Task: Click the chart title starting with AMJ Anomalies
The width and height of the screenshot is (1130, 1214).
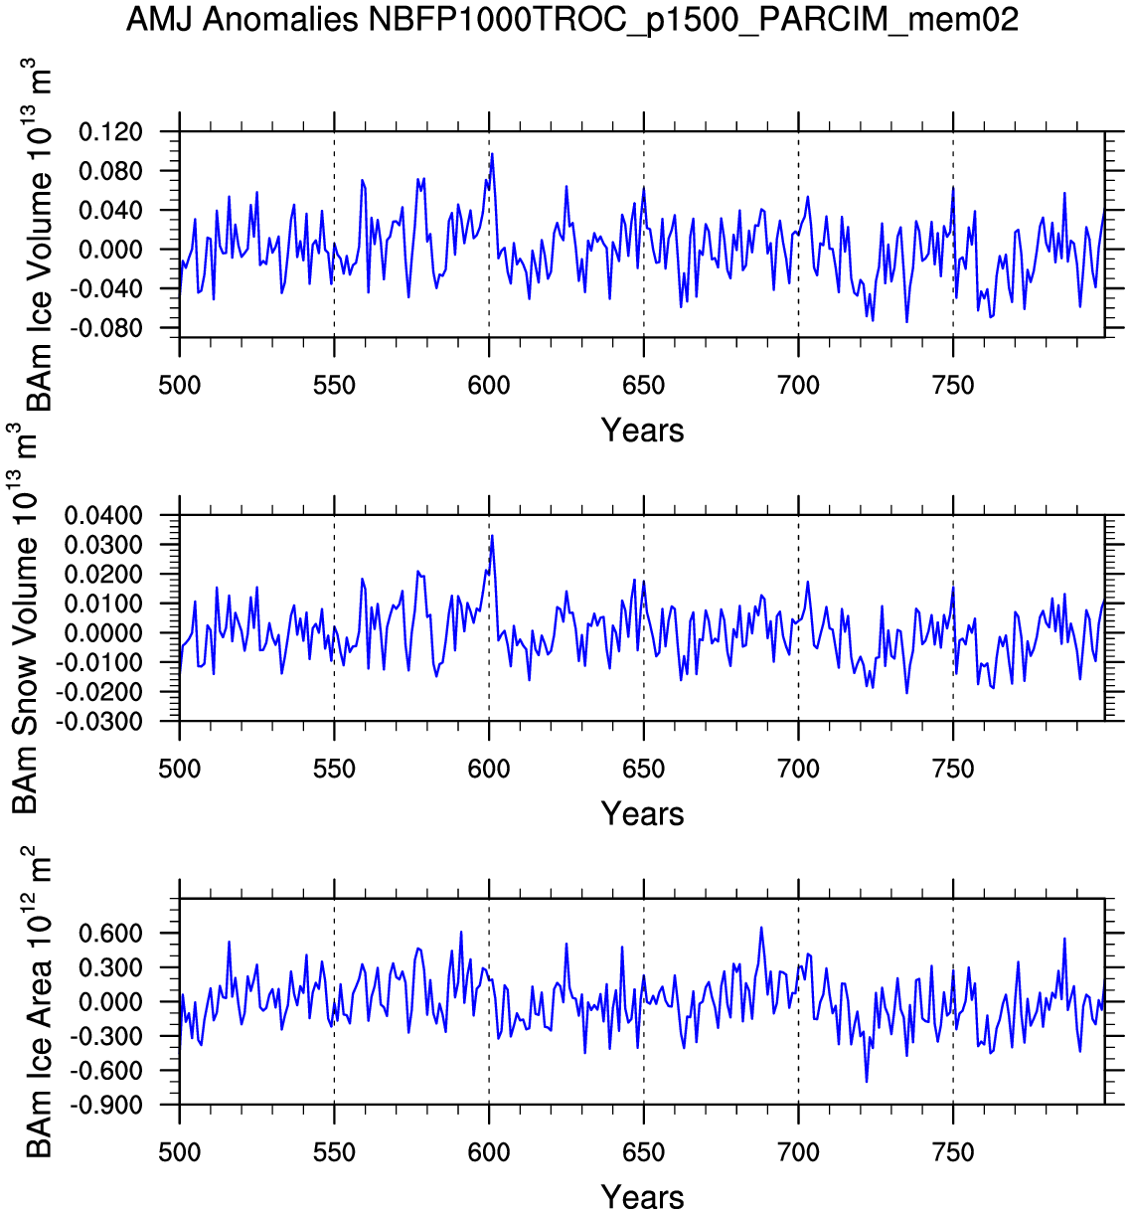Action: click(x=571, y=19)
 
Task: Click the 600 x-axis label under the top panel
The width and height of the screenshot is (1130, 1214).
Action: click(x=489, y=385)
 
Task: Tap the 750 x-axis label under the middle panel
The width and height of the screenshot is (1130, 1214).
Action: click(x=953, y=769)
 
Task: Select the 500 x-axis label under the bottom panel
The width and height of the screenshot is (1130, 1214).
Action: click(x=180, y=1152)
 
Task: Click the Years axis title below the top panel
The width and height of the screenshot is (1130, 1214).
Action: click(x=642, y=431)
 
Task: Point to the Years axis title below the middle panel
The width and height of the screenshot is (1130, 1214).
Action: click(x=642, y=814)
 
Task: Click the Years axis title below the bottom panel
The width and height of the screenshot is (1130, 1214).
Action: click(x=642, y=1197)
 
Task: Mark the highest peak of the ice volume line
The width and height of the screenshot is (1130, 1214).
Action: click(x=492, y=154)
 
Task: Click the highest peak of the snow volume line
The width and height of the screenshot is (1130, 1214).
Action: click(x=492, y=536)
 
